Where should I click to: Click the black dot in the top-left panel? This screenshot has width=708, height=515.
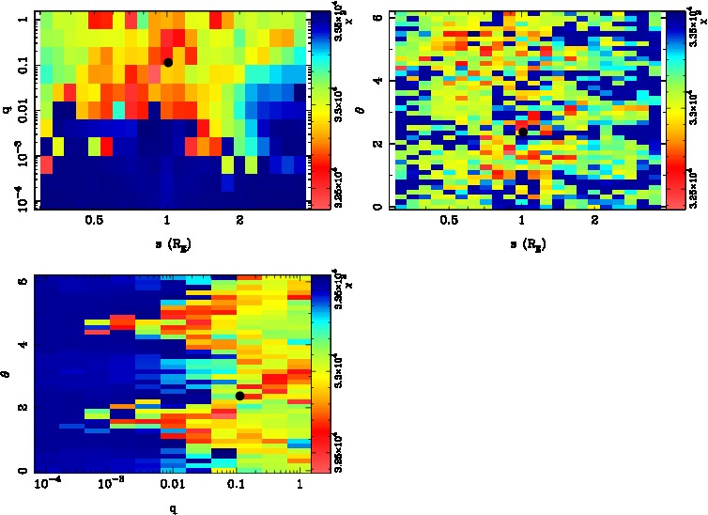[167, 62]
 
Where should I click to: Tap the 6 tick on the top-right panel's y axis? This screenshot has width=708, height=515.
[376, 18]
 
